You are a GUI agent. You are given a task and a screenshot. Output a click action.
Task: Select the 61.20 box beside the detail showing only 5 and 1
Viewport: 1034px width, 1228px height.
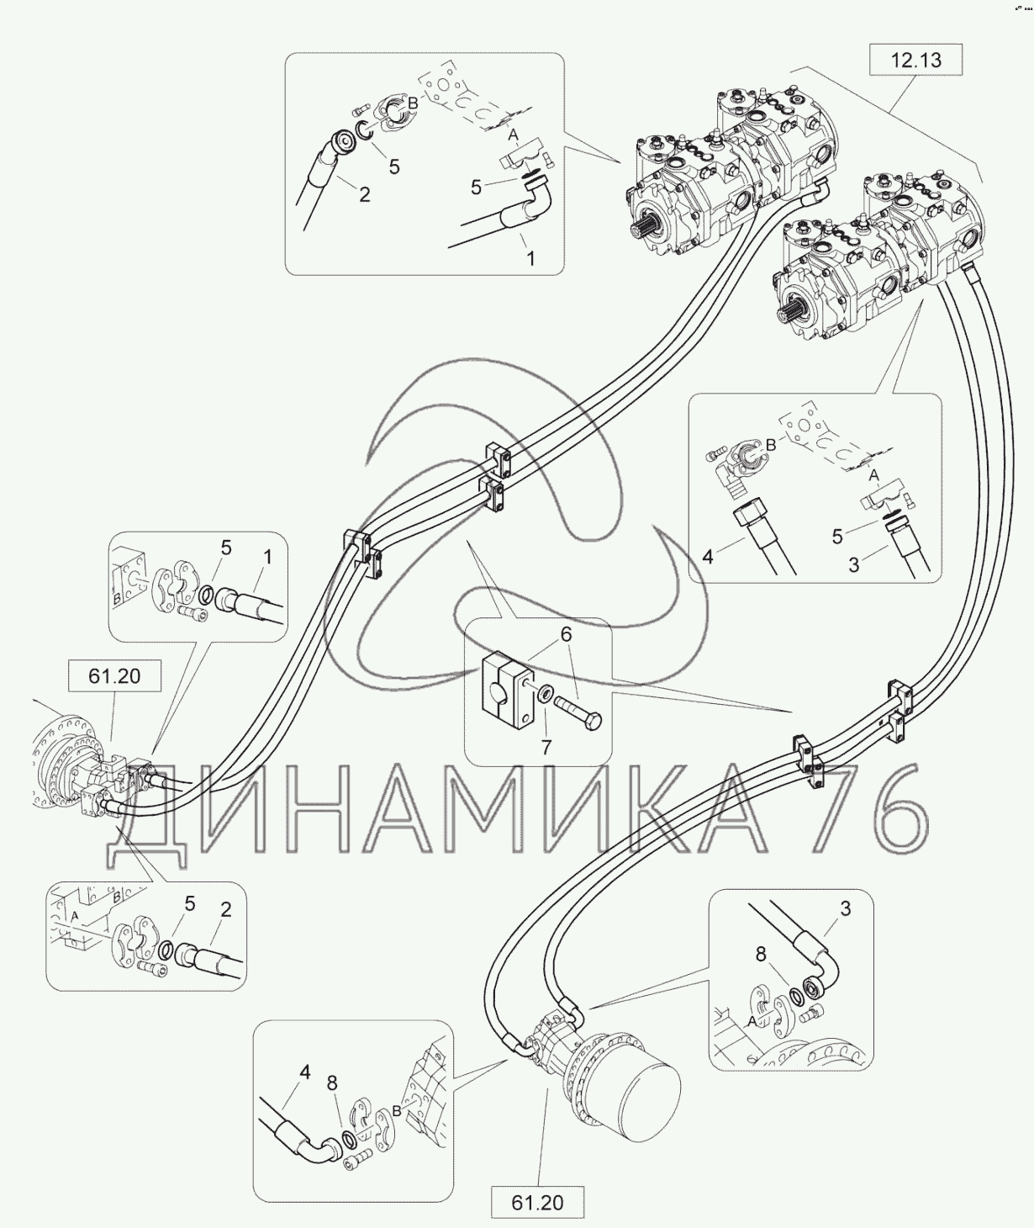[114, 676]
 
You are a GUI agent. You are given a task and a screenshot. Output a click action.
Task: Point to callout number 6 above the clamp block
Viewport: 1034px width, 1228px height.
[566, 634]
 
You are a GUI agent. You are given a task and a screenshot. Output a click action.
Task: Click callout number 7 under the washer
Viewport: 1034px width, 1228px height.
[546, 746]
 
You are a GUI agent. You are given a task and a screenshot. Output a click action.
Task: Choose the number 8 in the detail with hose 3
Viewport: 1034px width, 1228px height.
[760, 955]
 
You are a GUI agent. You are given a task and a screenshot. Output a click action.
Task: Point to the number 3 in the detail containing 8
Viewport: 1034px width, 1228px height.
[846, 908]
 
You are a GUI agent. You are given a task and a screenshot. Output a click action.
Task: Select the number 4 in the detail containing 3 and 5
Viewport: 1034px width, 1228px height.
[708, 556]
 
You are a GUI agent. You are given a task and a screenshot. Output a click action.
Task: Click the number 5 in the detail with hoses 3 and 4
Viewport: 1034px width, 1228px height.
[837, 536]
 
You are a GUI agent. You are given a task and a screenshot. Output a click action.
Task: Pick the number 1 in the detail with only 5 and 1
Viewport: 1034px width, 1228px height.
[266, 557]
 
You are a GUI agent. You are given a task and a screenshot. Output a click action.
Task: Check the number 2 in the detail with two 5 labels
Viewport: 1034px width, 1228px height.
[364, 194]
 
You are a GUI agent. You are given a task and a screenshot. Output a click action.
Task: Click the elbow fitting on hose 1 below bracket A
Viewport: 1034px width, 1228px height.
[529, 205]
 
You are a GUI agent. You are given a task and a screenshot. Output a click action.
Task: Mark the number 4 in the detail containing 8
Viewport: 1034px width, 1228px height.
[305, 1072]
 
